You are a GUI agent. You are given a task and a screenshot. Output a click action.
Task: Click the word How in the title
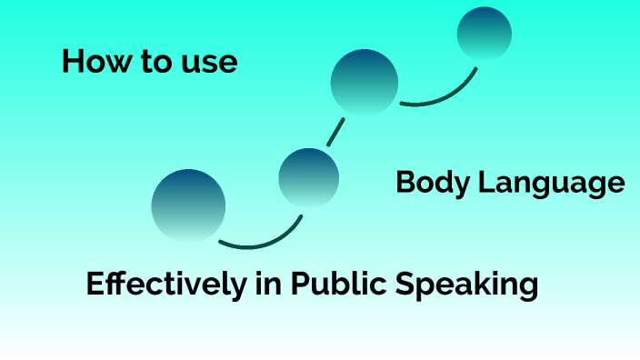[x=89, y=62]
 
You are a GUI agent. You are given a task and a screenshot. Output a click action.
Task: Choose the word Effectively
[x=165, y=285]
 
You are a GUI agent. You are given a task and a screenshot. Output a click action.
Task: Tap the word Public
[x=337, y=285]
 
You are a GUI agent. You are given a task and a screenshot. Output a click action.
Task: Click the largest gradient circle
[x=188, y=205]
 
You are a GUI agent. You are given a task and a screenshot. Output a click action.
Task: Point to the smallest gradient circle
[x=484, y=35]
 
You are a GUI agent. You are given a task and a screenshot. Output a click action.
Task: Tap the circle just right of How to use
[x=365, y=83]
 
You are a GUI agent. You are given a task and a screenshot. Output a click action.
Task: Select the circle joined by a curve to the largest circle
[x=309, y=177]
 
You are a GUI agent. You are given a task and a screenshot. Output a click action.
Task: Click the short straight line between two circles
[x=335, y=132]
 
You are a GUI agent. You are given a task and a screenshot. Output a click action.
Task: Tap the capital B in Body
[x=405, y=184]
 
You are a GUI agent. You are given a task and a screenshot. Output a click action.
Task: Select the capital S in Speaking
[x=405, y=285]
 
